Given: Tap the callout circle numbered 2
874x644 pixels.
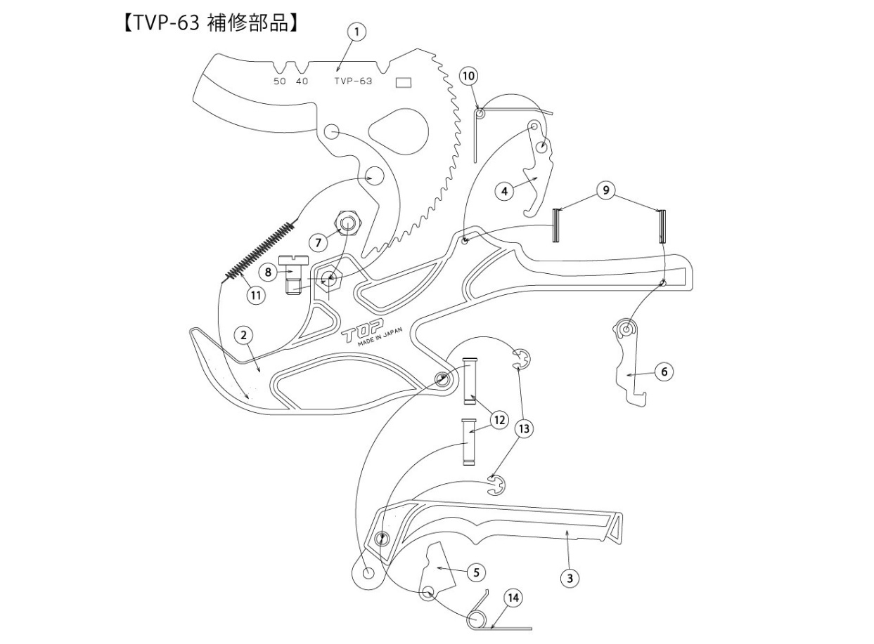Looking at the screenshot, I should pyautogui.click(x=243, y=335).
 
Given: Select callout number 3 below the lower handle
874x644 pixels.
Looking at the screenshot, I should pyautogui.click(x=570, y=578).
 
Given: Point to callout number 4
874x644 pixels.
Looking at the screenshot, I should pyautogui.click(x=503, y=190).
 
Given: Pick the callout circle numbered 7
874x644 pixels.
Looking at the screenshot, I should pyautogui.click(x=319, y=242).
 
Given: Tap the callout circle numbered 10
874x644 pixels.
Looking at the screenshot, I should pyautogui.click(x=469, y=75).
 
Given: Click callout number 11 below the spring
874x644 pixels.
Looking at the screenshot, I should pyautogui.click(x=255, y=296).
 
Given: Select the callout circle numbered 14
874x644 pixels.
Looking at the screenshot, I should pyautogui.click(x=513, y=598).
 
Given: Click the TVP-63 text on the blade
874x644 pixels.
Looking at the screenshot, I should pyautogui.click(x=353, y=81).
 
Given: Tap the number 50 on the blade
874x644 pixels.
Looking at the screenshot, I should pyautogui.click(x=279, y=81).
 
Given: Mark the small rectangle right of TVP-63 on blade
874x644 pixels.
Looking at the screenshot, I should pyautogui.click(x=404, y=82).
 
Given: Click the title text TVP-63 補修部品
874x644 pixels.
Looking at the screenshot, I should pyautogui.click(x=211, y=22).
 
